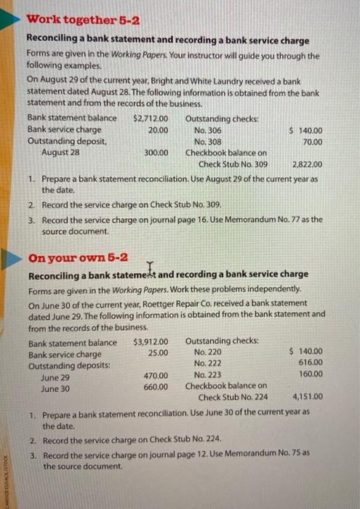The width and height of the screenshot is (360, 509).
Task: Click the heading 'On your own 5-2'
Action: click(x=78, y=258)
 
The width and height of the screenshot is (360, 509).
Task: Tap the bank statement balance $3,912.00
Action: click(x=151, y=342)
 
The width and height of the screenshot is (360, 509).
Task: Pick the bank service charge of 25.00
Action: click(x=158, y=353)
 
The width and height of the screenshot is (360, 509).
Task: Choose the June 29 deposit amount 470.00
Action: click(x=156, y=376)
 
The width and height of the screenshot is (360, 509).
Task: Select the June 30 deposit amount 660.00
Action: click(x=156, y=387)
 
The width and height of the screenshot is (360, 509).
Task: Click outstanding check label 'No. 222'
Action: click(x=208, y=364)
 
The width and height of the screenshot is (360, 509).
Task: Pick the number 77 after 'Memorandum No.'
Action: click(x=287, y=219)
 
